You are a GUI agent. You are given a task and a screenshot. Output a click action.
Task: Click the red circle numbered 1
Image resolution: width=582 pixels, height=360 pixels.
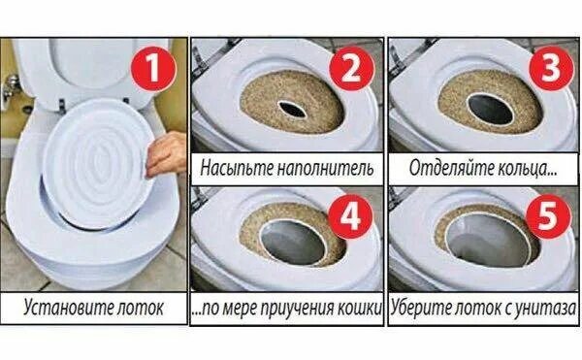click(x=152, y=69)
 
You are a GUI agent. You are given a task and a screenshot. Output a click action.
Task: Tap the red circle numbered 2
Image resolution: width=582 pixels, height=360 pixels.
click(x=350, y=69)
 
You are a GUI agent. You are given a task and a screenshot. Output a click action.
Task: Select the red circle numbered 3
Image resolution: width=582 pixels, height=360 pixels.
click(x=551, y=69)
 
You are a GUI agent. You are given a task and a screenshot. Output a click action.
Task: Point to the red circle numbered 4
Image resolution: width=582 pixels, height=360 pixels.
click(x=350, y=216)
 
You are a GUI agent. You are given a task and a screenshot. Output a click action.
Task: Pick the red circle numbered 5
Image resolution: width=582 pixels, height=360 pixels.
click(x=549, y=216)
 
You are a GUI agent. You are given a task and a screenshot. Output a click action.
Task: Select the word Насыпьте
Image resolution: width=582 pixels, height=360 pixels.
click(x=237, y=168)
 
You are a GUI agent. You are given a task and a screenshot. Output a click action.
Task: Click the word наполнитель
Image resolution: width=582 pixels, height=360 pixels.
click(x=325, y=168)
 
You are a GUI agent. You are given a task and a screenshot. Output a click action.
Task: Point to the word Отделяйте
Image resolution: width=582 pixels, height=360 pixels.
click(x=447, y=168)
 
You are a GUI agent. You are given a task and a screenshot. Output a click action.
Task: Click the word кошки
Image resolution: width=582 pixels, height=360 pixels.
click(x=359, y=309)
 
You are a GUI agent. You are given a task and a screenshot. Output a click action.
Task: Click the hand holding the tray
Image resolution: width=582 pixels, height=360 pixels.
click(x=167, y=154)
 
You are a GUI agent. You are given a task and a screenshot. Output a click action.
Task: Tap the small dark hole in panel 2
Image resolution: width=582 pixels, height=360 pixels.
click(x=293, y=109)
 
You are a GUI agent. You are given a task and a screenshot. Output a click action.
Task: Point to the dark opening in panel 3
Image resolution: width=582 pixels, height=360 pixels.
click(x=490, y=109)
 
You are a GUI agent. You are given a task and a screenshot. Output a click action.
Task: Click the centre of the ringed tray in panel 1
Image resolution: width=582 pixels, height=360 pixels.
click(x=97, y=162)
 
